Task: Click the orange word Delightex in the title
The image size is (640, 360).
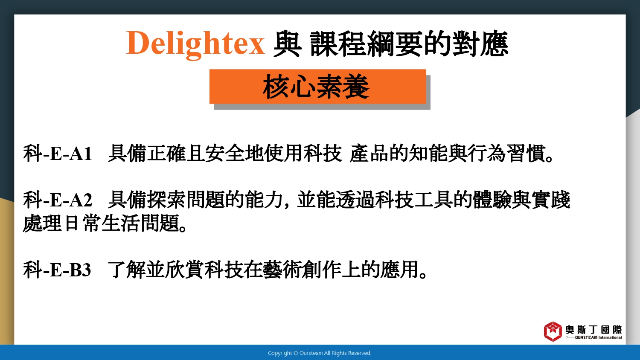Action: tap(195, 44)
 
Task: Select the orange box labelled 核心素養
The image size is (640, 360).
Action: tap(317, 86)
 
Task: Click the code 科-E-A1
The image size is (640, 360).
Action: tap(58, 154)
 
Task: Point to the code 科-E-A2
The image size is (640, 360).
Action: tap(58, 200)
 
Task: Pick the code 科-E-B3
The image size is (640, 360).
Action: tap(57, 270)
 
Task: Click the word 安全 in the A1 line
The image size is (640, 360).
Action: tap(225, 154)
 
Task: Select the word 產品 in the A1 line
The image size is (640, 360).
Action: tap(369, 154)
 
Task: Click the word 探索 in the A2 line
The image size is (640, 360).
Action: tap(166, 200)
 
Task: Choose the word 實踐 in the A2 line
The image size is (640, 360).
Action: tap(551, 200)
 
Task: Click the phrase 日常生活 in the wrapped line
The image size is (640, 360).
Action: tap(102, 223)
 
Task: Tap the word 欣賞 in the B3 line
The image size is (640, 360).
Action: tap(186, 270)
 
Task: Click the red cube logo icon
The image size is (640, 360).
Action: tap(553, 332)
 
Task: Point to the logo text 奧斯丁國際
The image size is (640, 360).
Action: tap(593, 330)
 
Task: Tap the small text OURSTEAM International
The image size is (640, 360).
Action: tap(598, 337)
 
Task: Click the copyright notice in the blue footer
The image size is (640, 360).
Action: tap(320, 353)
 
